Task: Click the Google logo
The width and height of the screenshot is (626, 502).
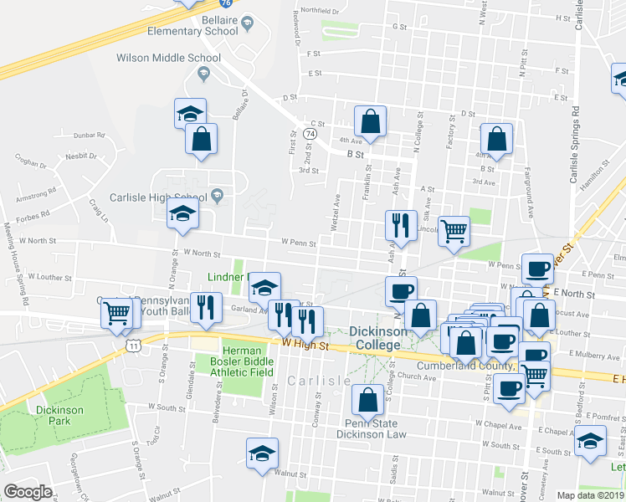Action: pos(28,492)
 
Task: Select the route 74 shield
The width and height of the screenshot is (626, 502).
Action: pos(310,134)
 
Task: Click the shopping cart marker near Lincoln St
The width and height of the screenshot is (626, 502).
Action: pos(454,230)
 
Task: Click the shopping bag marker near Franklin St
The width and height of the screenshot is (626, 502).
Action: pos(370,121)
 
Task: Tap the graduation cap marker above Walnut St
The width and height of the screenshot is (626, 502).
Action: pos(262,453)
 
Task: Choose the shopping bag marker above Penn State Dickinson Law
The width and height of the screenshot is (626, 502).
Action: pos(367,400)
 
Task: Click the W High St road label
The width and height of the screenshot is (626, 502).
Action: pos(303,343)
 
